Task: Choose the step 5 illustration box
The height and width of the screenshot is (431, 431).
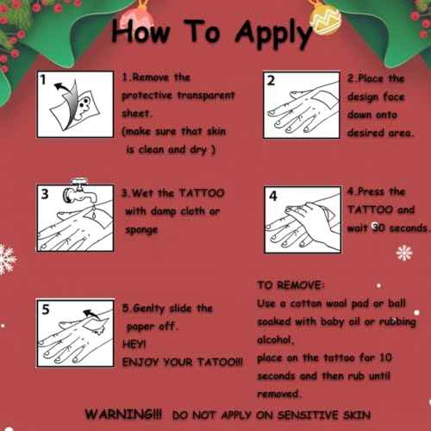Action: [72, 331]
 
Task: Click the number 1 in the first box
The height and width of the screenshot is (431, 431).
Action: [42, 81]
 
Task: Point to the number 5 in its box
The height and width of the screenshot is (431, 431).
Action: [44, 307]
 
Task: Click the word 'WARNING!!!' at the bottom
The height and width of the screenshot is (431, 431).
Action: [125, 415]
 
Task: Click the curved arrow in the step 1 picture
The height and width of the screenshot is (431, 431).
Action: [61, 87]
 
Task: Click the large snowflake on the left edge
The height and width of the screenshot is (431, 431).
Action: [7, 258]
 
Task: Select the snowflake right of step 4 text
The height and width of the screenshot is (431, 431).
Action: [403, 253]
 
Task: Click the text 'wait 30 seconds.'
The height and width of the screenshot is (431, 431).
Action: [387, 228]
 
